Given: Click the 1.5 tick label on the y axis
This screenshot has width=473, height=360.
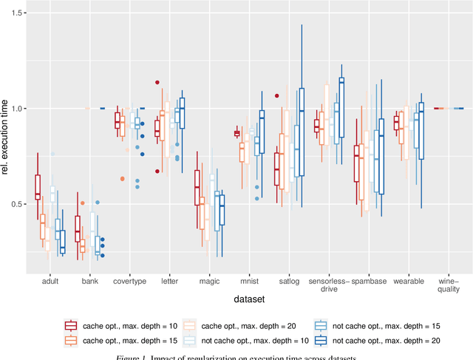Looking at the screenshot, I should point(18,13).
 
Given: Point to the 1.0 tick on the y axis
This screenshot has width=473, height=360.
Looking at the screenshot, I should point(18,109).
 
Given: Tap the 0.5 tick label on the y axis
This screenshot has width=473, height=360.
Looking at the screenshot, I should point(18,204).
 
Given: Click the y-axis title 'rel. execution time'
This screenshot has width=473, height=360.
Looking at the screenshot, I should point(6,140).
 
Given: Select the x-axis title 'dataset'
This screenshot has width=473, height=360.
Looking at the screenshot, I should point(249,299).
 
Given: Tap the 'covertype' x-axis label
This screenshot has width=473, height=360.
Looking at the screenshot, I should point(129,282).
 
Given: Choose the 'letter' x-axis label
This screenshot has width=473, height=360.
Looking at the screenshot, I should point(169,282).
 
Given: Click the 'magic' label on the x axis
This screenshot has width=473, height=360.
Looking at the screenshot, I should point(208,282).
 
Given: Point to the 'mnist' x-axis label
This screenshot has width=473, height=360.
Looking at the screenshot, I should point(249,282).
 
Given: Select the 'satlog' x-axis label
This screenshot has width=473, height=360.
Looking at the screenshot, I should point(289,282).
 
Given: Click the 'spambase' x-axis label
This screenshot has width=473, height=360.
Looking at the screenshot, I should point(369,282).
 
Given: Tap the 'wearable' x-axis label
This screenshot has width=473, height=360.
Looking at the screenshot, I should point(409,282).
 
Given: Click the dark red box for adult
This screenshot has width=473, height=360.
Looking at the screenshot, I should point(38,187).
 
